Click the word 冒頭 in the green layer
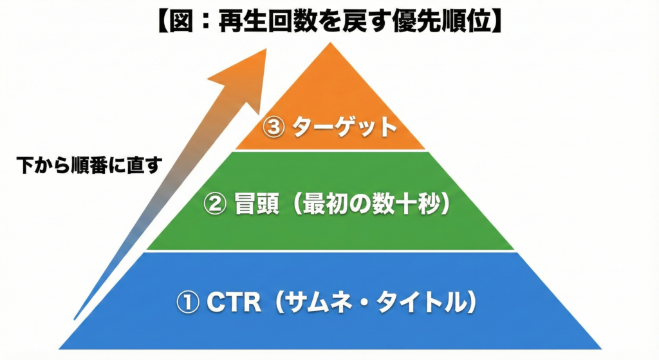(x=252, y=204)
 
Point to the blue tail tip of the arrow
(x=77, y=317)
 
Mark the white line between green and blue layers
(x=331, y=251)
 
